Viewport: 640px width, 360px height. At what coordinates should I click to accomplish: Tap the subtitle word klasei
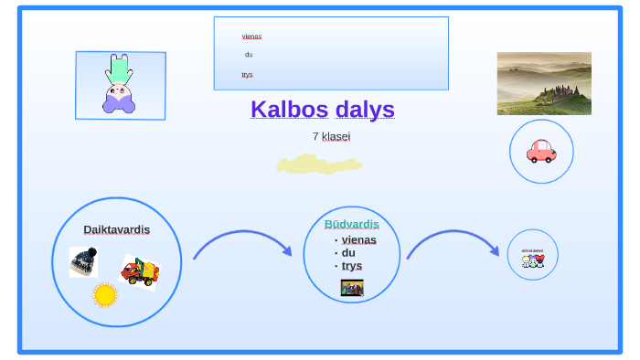(336, 136)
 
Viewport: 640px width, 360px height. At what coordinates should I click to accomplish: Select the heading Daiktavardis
(116, 229)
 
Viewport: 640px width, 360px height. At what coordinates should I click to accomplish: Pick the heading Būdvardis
(351, 224)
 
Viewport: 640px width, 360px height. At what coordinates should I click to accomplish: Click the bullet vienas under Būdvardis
(358, 239)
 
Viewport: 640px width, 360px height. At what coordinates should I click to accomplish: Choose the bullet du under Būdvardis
(348, 252)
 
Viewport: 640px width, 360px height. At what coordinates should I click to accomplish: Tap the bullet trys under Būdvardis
(352, 265)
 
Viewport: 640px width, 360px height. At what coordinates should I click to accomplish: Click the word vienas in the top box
(251, 37)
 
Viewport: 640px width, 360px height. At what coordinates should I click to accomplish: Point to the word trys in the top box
(247, 74)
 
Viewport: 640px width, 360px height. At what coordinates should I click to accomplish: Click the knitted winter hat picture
(84, 261)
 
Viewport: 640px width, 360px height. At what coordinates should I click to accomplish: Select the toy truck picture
(140, 271)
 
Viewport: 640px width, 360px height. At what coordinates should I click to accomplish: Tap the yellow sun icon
(105, 294)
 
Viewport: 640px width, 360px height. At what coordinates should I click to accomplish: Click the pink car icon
(541, 151)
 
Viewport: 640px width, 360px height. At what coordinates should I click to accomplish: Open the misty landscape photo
(544, 83)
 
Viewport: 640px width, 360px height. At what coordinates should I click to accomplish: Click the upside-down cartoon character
(119, 85)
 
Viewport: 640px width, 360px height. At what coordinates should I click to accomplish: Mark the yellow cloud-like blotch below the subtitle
(319, 164)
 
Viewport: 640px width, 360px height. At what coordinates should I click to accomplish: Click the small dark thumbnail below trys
(352, 288)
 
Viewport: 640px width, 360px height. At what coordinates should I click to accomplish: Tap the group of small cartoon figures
(533, 260)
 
